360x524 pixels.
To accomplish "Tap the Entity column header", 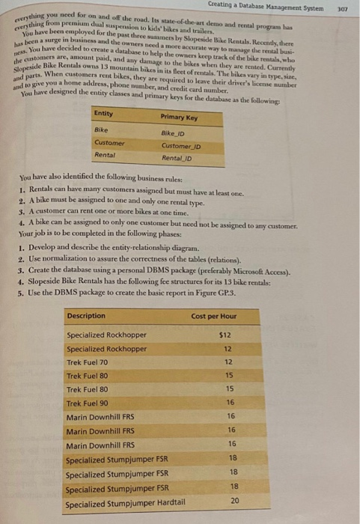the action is [x=105, y=113].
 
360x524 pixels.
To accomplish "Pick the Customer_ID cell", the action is [x=177, y=145].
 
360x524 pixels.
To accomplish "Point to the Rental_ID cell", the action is [x=177, y=159].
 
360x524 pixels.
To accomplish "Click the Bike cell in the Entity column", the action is [x=100, y=129].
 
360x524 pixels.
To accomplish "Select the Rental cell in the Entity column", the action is [x=105, y=155].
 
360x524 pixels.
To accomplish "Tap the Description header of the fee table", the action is [x=86, y=316].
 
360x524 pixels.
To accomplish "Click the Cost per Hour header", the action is [x=214, y=317].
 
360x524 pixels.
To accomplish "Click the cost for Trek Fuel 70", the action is [x=231, y=362].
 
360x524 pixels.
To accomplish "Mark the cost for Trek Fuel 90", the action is [x=231, y=402].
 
